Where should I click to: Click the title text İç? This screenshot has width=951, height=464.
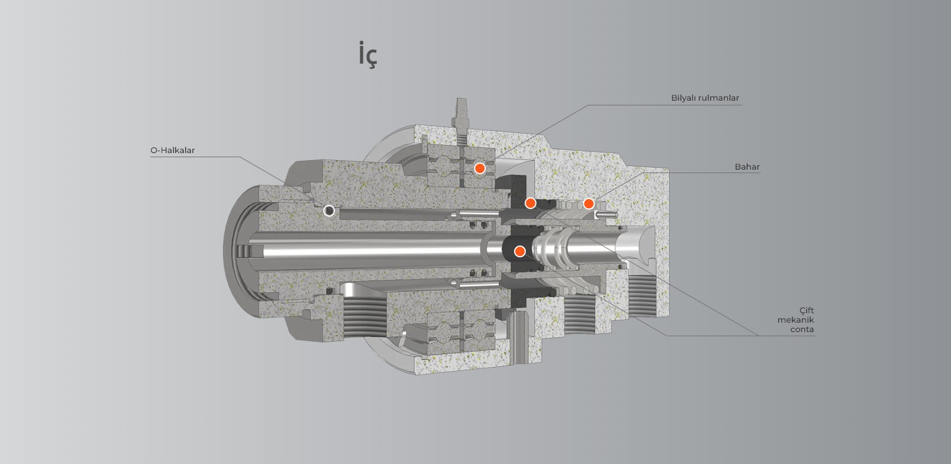coord(367,55)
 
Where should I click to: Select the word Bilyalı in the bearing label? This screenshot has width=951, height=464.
coord(684,98)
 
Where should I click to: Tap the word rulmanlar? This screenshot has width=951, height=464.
coord(719,98)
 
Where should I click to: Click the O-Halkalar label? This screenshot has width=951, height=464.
coord(173,150)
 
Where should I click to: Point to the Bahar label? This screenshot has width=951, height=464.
coord(747,167)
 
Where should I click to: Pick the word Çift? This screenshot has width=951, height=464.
coord(806,310)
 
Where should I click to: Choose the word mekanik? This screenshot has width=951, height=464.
coord(796,320)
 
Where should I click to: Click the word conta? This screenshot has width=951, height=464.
coord(802,329)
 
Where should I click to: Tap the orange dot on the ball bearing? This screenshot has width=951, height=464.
coord(480,168)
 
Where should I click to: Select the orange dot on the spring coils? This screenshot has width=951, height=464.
coord(588,204)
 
